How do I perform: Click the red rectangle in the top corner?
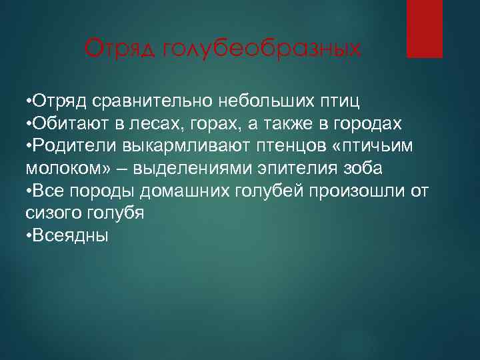(x=425, y=28)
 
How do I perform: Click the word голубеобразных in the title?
(x=261, y=49)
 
